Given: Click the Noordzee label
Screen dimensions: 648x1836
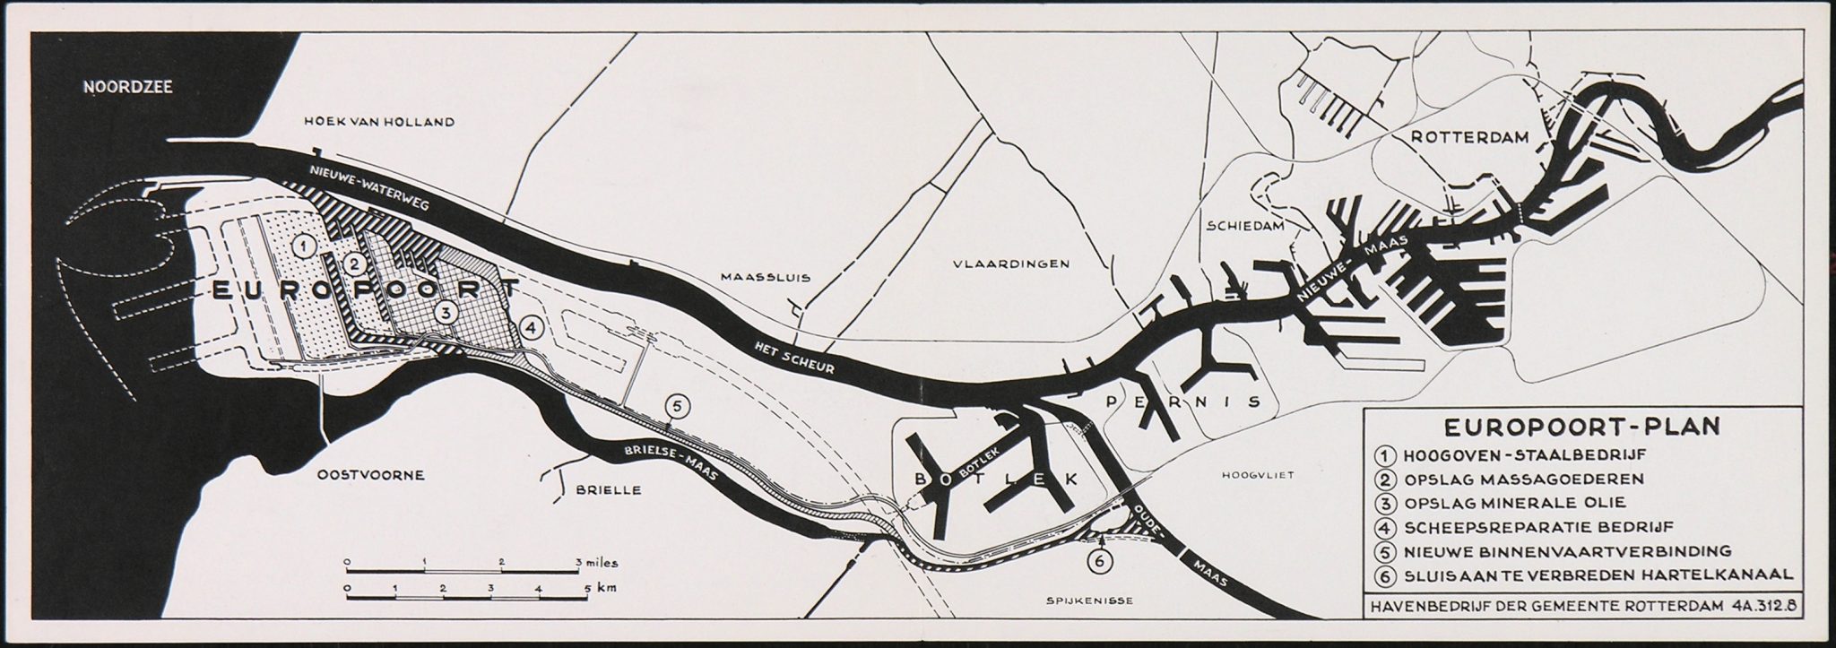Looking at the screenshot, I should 127,88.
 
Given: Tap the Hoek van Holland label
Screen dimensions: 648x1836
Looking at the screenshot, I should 379,122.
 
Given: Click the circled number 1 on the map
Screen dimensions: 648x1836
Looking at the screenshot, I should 305,245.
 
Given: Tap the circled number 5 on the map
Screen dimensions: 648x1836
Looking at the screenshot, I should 678,407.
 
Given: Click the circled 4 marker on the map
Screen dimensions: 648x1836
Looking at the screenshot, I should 533,329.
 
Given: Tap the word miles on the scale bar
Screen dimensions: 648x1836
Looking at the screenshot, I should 599,564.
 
